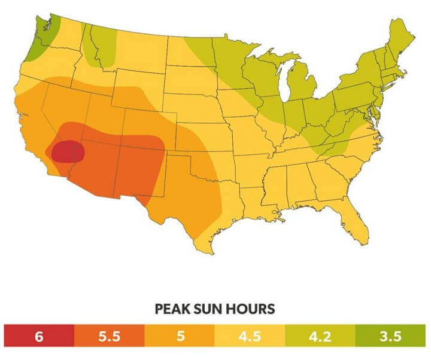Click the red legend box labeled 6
click(39, 337)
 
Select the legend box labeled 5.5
click(109, 337)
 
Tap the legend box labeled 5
click(180, 337)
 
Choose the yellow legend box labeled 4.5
click(250, 337)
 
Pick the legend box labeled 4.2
click(320, 337)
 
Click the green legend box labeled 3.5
click(390, 337)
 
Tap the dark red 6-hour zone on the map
click(66, 152)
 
